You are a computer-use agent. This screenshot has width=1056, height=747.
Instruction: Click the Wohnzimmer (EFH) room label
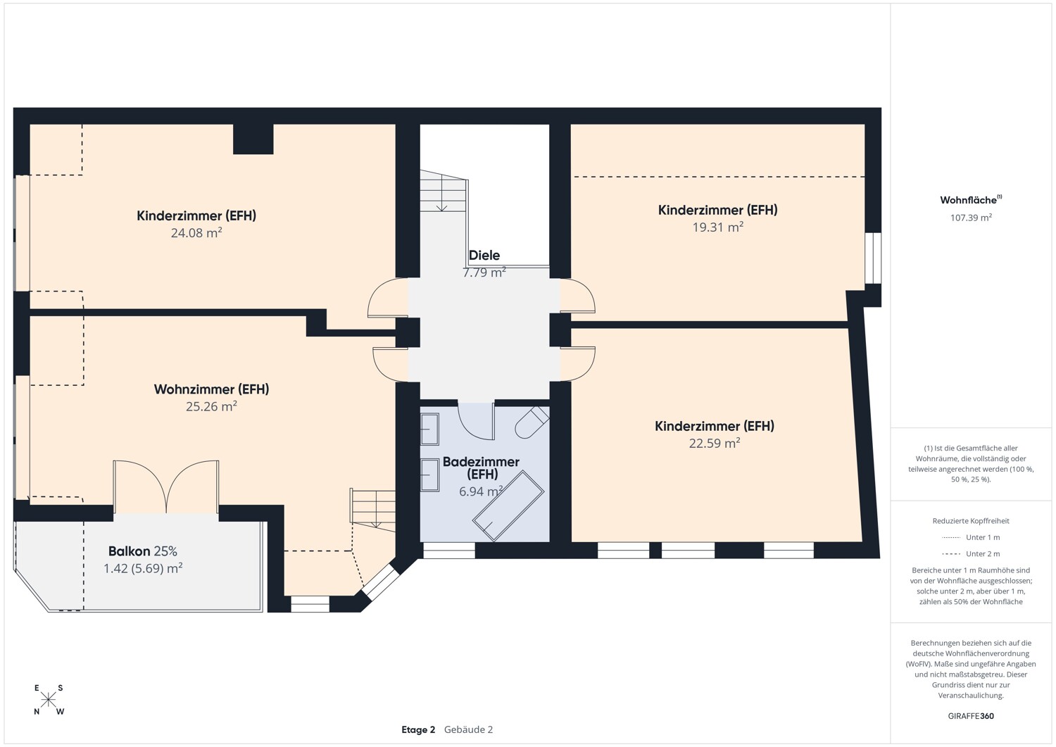click(x=211, y=389)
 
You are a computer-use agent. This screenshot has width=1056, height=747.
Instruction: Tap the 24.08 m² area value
click(x=196, y=233)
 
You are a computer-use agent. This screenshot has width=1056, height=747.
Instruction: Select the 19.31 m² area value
click(x=717, y=227)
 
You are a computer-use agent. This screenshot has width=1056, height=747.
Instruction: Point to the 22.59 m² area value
click(x=714, y=444)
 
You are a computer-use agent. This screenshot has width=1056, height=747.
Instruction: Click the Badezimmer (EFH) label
click(x=481, y=467)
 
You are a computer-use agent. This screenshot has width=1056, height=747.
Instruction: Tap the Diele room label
click(x=484, y=256)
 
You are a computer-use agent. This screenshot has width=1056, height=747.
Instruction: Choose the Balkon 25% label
click(x=142, y=551)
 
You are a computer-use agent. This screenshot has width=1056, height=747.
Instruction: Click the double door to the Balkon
click(x=166, y=487)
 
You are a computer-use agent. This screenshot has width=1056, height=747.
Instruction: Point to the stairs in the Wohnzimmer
click(x=372, y=507)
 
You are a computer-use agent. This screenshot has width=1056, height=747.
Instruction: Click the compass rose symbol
click(x=49, y=700)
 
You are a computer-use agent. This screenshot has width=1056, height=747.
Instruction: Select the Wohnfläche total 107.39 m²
click(x=971, y=218)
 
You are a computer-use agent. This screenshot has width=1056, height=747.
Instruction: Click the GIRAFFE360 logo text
click(x=971, y=717)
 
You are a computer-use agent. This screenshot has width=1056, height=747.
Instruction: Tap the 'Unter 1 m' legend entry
click(x=971, y=538)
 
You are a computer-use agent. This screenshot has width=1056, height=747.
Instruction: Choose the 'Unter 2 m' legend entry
click(x=971, y=554)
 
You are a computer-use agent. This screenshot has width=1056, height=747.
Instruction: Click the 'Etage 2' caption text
click(x=418, y=730)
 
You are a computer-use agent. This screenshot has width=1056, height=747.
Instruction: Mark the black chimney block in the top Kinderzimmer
click(x=253, y=139)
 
